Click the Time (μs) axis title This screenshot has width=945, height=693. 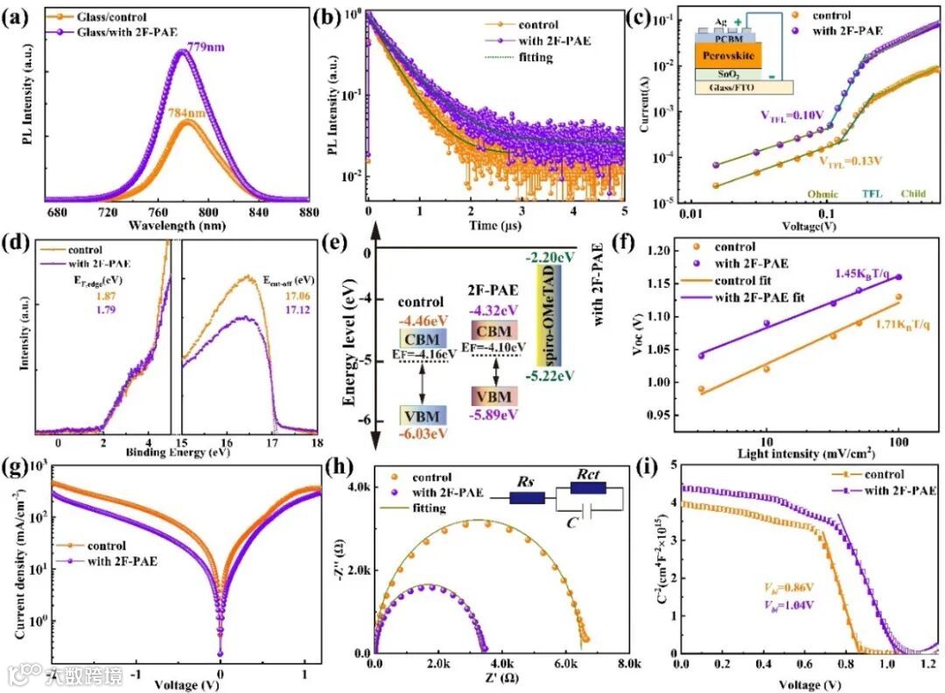pos(497,226)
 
